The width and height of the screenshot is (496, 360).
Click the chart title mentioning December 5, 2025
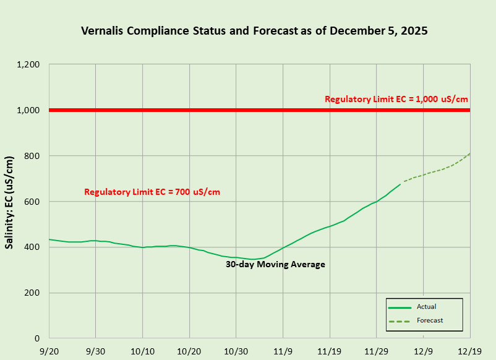pyautogui.click(x=254, y=30)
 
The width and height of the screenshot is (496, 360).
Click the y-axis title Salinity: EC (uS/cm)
pyautogui.click(x=9, y=202)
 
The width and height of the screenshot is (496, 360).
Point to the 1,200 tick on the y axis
pyautogui.click(x=29, y=65)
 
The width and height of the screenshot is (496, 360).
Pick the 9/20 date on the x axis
pyautogui.click(x=49, y=349)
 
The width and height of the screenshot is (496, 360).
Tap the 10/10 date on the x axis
pyautogui.click(x=142, y=349)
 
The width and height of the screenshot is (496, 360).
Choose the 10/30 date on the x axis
pyautogui.click(x=236, y=349)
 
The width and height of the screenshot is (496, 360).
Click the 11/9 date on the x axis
pyautogui.click(x=283, y=349)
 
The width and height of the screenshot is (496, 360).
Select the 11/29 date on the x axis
pyautogui.click(x=377, y=349)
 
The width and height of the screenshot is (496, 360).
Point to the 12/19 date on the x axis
pyautogui.click(x=470, y=349)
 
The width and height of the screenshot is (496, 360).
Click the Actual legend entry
pyautogui.click(x=426, y=306)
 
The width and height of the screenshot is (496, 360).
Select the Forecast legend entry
pyautogui.click(x=430, y=320)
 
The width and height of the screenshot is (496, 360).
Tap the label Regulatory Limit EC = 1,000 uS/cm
pyautogui.click(x=396, y=99)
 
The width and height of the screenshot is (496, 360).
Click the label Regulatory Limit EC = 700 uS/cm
pyautogui.click(x=152, y=192)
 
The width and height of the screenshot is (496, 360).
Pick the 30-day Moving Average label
pyautogui.click(x=275, y=264)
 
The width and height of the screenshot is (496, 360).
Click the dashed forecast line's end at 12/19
pyautogui.click(x=469, y=153)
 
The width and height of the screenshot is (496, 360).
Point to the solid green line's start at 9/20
pyautogui.click(x=50, y=239)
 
